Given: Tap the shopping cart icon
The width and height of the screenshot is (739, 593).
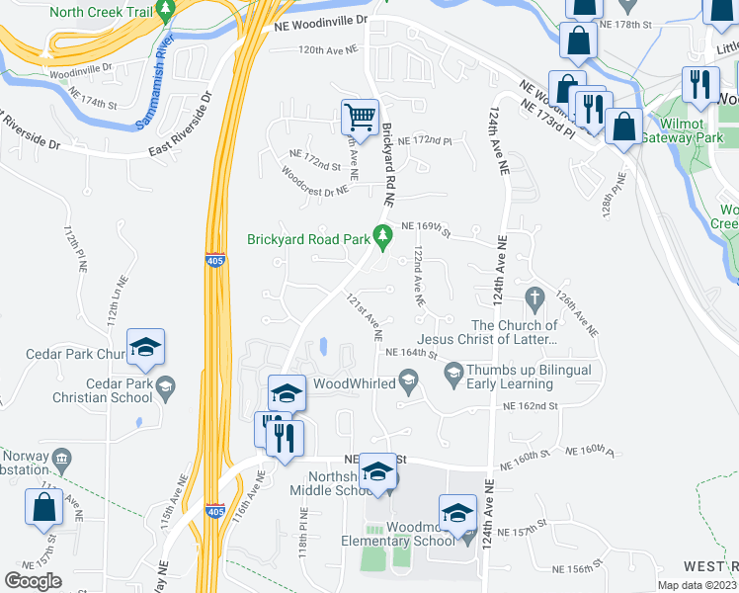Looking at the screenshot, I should pyautogui.click(x=360, y=117).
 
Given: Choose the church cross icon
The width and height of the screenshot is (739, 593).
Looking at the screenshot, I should pyautogui.click(x=534, y=297).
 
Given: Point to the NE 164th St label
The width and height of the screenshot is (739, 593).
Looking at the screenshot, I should pyautogui.click(x=412, y=353).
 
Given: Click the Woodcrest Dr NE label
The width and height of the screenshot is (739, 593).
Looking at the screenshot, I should pyautogui.click(x=314, y=180).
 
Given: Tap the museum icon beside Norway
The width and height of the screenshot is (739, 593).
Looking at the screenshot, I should pyautogui.click(x=60, y=459).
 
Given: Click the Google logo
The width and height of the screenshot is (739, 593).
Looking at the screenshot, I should pyautogui.click(x=34, y=581).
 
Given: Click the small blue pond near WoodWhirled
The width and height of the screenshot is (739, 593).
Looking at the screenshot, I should pyautogui.click(x=322, y=347).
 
